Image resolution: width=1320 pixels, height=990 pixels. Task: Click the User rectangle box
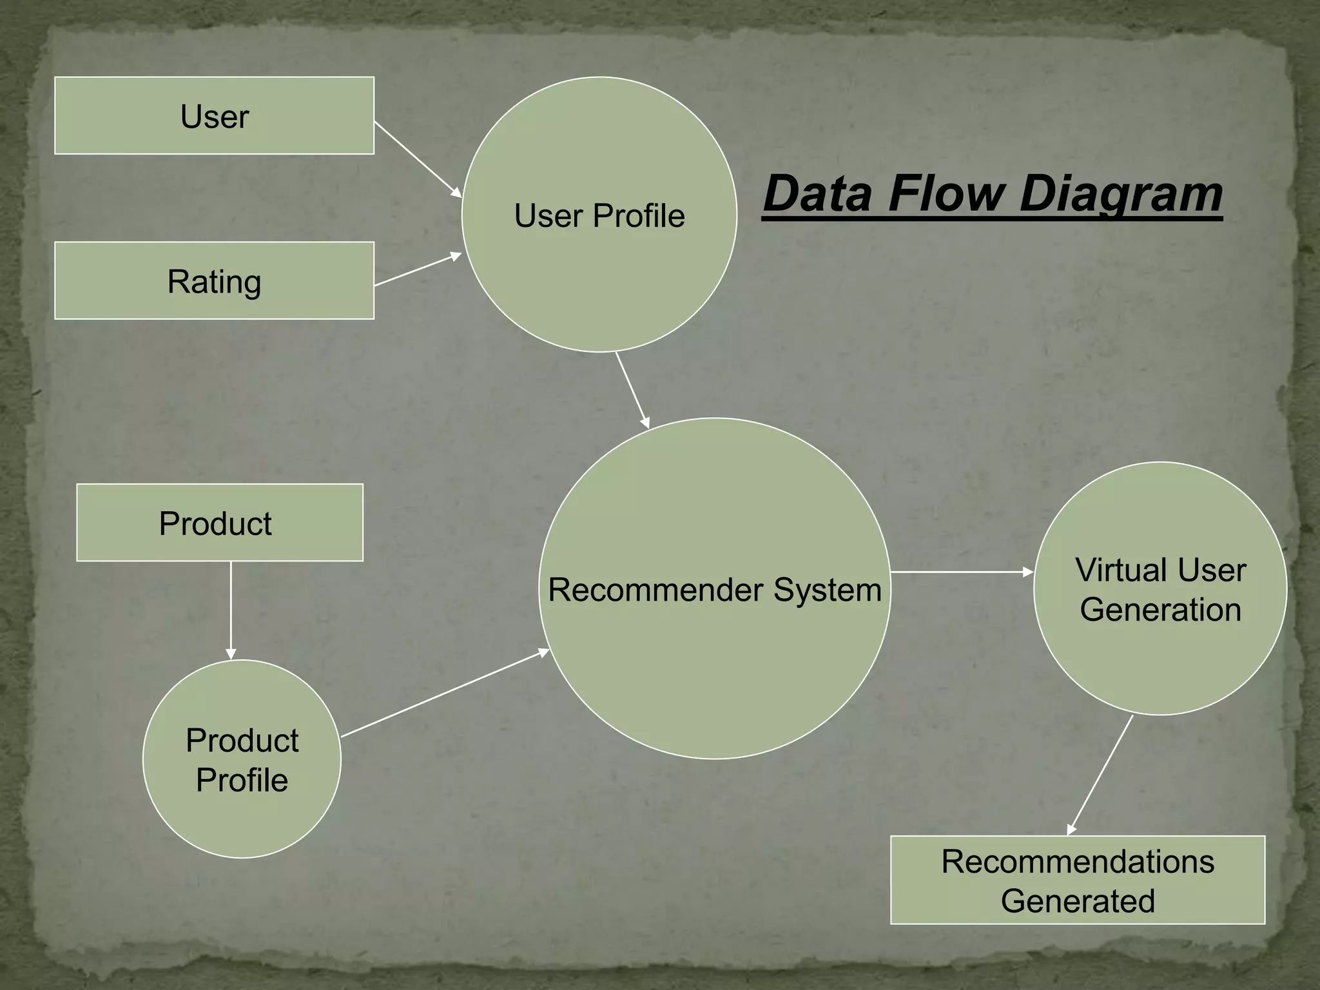pyautogui.click(x=214, y=116)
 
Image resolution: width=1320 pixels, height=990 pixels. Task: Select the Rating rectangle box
pyautogui.click(x=214, y=281)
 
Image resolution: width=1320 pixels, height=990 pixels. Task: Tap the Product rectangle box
pyautogui.click(x=219, y=523)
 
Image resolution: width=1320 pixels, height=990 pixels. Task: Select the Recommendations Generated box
pyautogui.click(x=1078, y=880)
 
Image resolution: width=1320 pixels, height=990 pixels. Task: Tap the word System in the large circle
pyautogui.click(x=828, y=590)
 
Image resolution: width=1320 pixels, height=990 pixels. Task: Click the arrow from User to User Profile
pyautogui.click(x=418, y=159)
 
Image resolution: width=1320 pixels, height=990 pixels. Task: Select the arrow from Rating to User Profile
pyautogui.click(x=418, y=270)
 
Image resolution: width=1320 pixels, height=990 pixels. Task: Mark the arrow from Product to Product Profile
pyautogui.click(x=231, y=610)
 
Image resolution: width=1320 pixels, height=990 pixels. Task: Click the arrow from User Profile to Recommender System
pyautogui.click(x=632, y=390)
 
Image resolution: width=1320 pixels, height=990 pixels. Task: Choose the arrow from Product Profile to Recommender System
pyautogui.click(x=445, y=694)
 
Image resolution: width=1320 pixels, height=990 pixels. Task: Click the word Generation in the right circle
pyautogui.click(x=1160, y=610)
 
